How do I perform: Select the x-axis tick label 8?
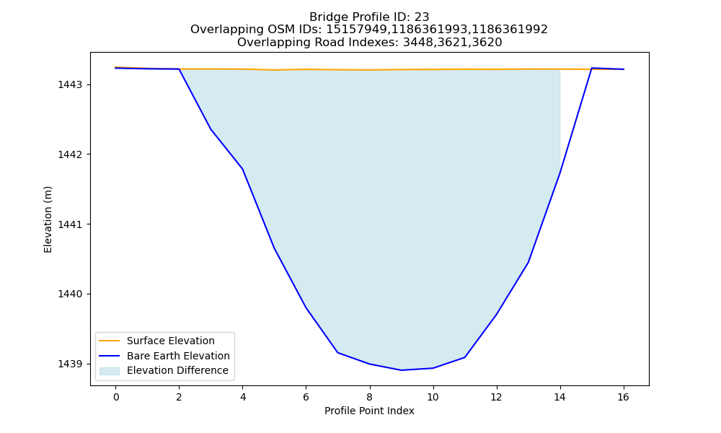coord(369,397)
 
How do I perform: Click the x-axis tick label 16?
coord(623,397)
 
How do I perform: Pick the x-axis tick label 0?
coord(116,397)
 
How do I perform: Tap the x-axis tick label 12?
coord(496,397)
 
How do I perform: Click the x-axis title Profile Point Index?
coord(369,411)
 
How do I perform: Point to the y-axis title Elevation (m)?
coord(48,219)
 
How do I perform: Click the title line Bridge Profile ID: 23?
coord(369,17)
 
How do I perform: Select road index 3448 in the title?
coord(418,43)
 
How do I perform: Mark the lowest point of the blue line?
coord(401,370)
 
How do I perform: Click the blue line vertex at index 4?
coord(242,169)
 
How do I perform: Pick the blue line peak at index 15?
coord(591,68)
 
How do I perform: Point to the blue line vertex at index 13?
coord(528,262)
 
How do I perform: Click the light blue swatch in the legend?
coord(110,371)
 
